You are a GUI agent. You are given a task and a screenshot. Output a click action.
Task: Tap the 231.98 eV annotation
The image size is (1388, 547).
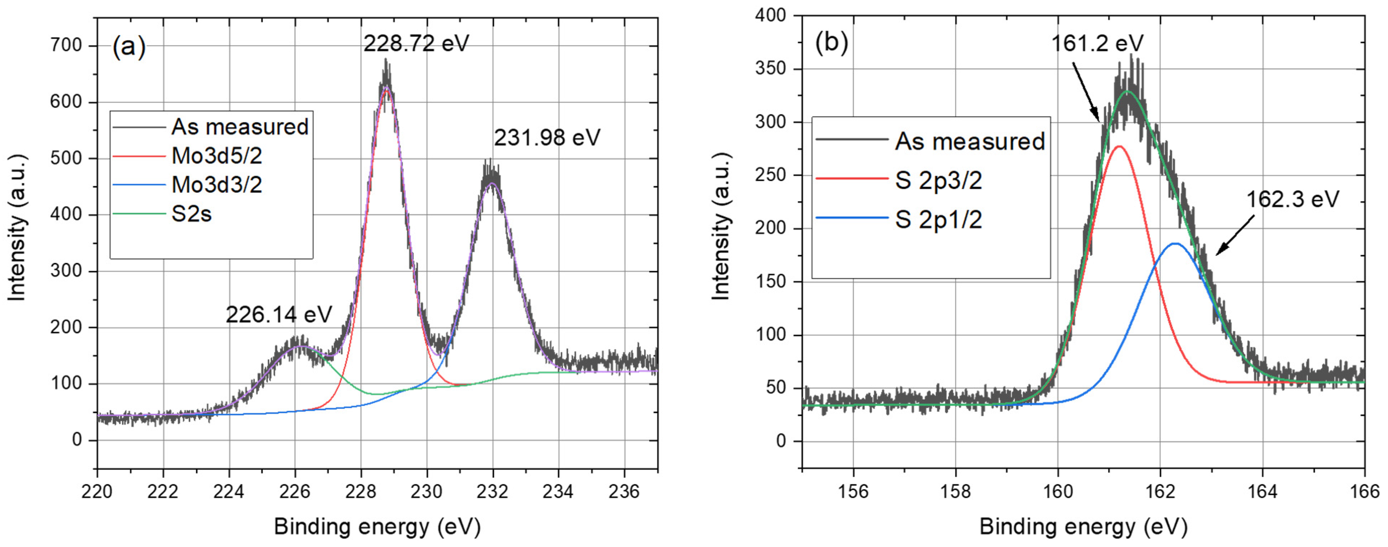point(547,138)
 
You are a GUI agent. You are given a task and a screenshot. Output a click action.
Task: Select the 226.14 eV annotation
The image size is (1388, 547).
point(279,315)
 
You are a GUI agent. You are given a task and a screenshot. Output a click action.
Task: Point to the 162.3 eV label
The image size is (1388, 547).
point(1292,200)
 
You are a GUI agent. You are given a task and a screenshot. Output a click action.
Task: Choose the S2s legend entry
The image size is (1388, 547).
point(191,214)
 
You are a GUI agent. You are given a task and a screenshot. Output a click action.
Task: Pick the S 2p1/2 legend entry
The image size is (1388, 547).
point(938,220)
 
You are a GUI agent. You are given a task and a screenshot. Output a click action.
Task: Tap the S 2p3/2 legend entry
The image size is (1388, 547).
point(938,180)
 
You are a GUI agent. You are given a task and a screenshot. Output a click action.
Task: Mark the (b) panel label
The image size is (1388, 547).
point(831,42)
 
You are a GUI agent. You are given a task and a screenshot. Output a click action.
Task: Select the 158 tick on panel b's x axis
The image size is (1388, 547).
point(955,491)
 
